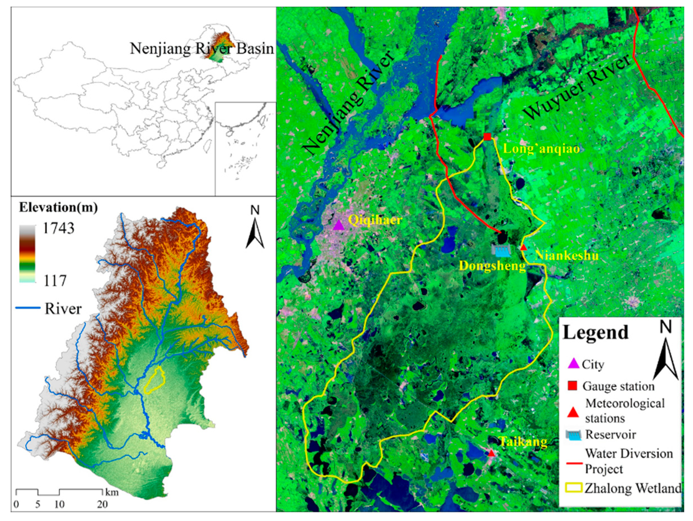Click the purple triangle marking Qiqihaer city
[338, 225]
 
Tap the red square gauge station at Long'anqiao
[487, 137]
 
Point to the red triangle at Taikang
[491, 453]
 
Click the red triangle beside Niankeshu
[523, 247]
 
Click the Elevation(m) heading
[58, 207]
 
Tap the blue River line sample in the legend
[28, 308]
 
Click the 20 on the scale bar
[102, 504]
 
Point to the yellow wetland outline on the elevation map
[155, 380]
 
